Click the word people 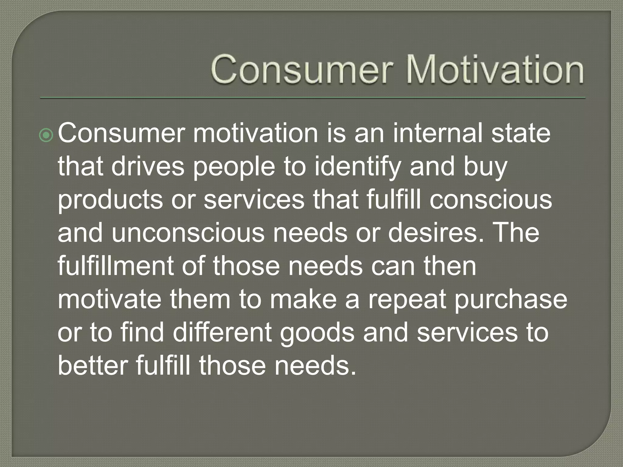[x=234, y=168]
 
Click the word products [x=110, y=201]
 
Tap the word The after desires [x=517, y=233]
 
